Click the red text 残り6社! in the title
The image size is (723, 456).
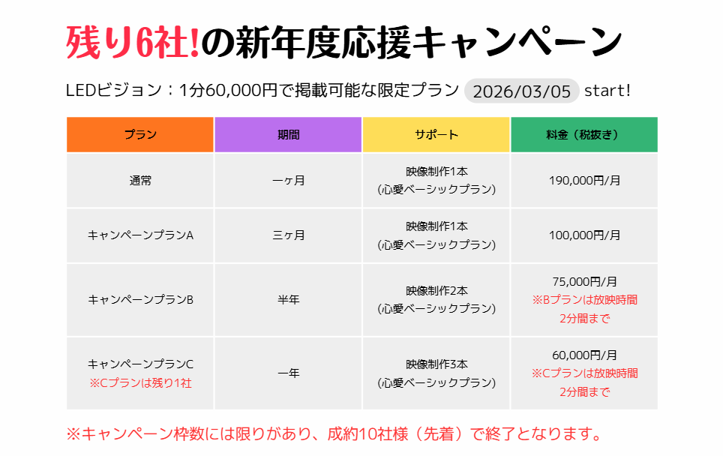[x=133, y=43]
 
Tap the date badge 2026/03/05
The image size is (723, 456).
[x=522, y=91]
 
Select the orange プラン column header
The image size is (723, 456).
[x=140, y=135]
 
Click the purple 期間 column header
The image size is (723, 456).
[x=288, y=135]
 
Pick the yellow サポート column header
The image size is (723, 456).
[x=436, y=135]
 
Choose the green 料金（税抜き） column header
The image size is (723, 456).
[x=583, y=135]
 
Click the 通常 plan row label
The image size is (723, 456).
[x=140, y=180]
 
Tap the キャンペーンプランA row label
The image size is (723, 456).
[x=140, y=235]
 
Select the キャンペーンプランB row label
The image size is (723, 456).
[x=140, y=299]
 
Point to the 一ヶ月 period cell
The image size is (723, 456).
[x=288, y=180]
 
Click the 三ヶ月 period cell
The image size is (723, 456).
[x=288, y=235]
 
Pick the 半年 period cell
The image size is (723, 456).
[x=288, y=299]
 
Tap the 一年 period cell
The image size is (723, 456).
[x=288, y=373]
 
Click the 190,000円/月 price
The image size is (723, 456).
[x=584, y=180]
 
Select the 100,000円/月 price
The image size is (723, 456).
[x=584, y=235]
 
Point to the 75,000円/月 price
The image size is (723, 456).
[x=584, y=282]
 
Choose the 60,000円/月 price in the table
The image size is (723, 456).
[x=584, y=355]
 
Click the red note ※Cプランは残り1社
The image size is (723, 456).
[x=140, y=382]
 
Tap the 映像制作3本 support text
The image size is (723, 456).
[x=436, y=364]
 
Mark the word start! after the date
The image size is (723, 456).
[x=607, y=91]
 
